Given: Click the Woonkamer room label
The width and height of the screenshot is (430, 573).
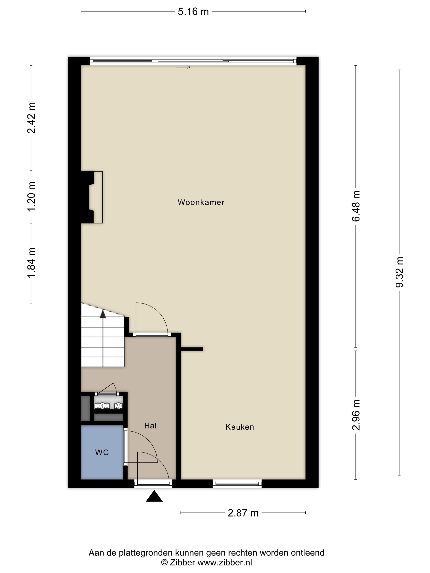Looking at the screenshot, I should [x=201, y=202].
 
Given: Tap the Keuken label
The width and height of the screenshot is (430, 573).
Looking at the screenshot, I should [x=240, y=427].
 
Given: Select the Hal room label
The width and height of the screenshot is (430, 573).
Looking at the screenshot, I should [x=150, y=426].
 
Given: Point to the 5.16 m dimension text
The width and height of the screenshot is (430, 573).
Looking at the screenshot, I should [x=193, y=12].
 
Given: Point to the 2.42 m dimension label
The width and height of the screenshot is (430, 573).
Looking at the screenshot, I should [x=31, y=118].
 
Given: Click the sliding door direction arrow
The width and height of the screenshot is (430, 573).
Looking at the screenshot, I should [x=183, y=67].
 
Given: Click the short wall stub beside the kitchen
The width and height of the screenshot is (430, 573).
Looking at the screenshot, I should [x=192, y=349].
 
